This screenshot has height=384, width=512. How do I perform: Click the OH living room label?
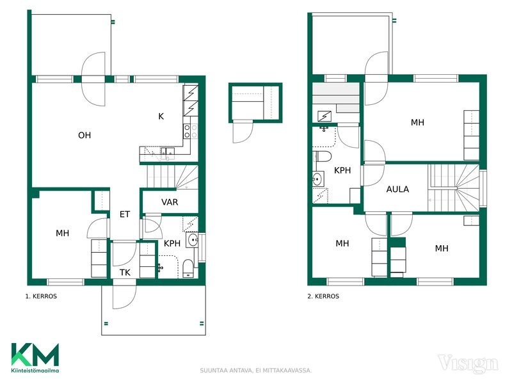[84, 135]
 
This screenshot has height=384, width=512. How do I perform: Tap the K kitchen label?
[161, 116]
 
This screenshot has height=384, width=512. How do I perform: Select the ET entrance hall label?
[125, 214]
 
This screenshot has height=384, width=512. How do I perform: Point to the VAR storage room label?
[170, 202]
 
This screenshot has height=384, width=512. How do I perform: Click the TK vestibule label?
[125, 273]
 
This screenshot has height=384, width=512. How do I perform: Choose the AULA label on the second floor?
[397, 189]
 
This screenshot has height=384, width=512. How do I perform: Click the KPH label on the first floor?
[172, 243]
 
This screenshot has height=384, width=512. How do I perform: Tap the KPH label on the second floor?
[342, 170]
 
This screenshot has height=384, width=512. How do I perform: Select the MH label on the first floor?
[62, 233]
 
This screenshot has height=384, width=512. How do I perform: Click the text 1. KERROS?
[41, 296]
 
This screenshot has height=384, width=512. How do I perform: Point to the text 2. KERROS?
[323, 296]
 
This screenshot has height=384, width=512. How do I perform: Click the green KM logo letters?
[35, 355]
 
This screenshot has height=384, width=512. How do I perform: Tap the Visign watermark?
[468, 364]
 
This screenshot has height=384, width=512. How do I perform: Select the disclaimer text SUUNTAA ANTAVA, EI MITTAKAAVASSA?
[255, 371]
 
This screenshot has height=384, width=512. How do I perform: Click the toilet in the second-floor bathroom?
[323, 156]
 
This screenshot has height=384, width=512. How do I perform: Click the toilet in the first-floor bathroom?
[188, 268]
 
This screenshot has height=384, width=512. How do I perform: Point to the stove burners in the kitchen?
[190, 131]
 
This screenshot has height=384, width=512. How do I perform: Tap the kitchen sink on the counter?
[167, 152]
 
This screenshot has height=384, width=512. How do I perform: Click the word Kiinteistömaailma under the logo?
[35, 371]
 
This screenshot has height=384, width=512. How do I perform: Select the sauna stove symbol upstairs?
[324, 116]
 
